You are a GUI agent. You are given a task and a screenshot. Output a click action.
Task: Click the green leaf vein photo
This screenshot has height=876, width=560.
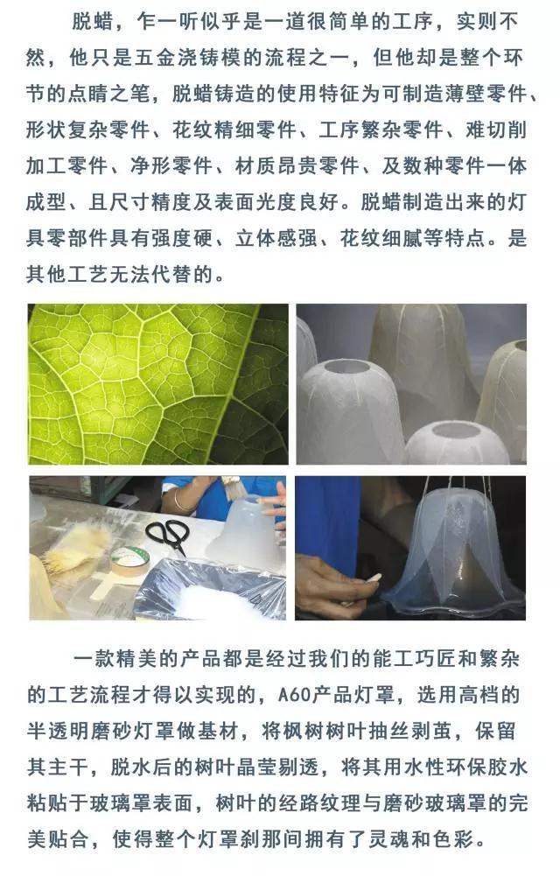pos(158,384)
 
